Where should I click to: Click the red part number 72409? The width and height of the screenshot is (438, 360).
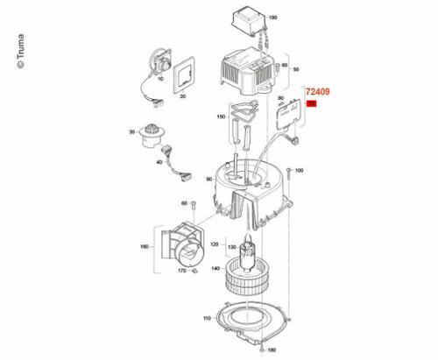pyautogui.click(x=317, y=90)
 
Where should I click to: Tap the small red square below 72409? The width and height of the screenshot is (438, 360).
pyautogui.click(x=311, y=105)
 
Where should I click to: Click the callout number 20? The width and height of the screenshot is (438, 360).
pyautogui.click(x=183, y=98)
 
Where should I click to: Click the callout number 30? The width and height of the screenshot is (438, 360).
pyautogui.click(x=131, y=132)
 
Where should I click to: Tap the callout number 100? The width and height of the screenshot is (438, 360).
pyautogui.click(x=299, y=170)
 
